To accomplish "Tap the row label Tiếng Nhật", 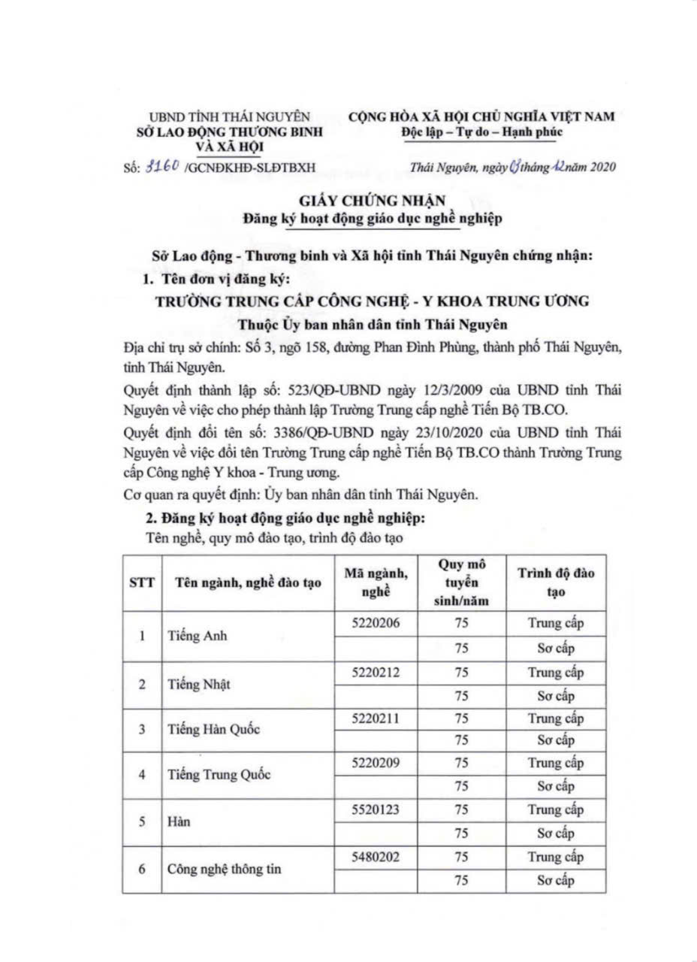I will [198, 684].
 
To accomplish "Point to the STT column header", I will [142, 583].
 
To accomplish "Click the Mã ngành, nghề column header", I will [376, 582].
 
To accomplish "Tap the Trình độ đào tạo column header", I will [557, 582].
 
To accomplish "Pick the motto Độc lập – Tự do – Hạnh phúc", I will [481, 132].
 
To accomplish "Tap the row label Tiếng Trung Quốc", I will [218, 776].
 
